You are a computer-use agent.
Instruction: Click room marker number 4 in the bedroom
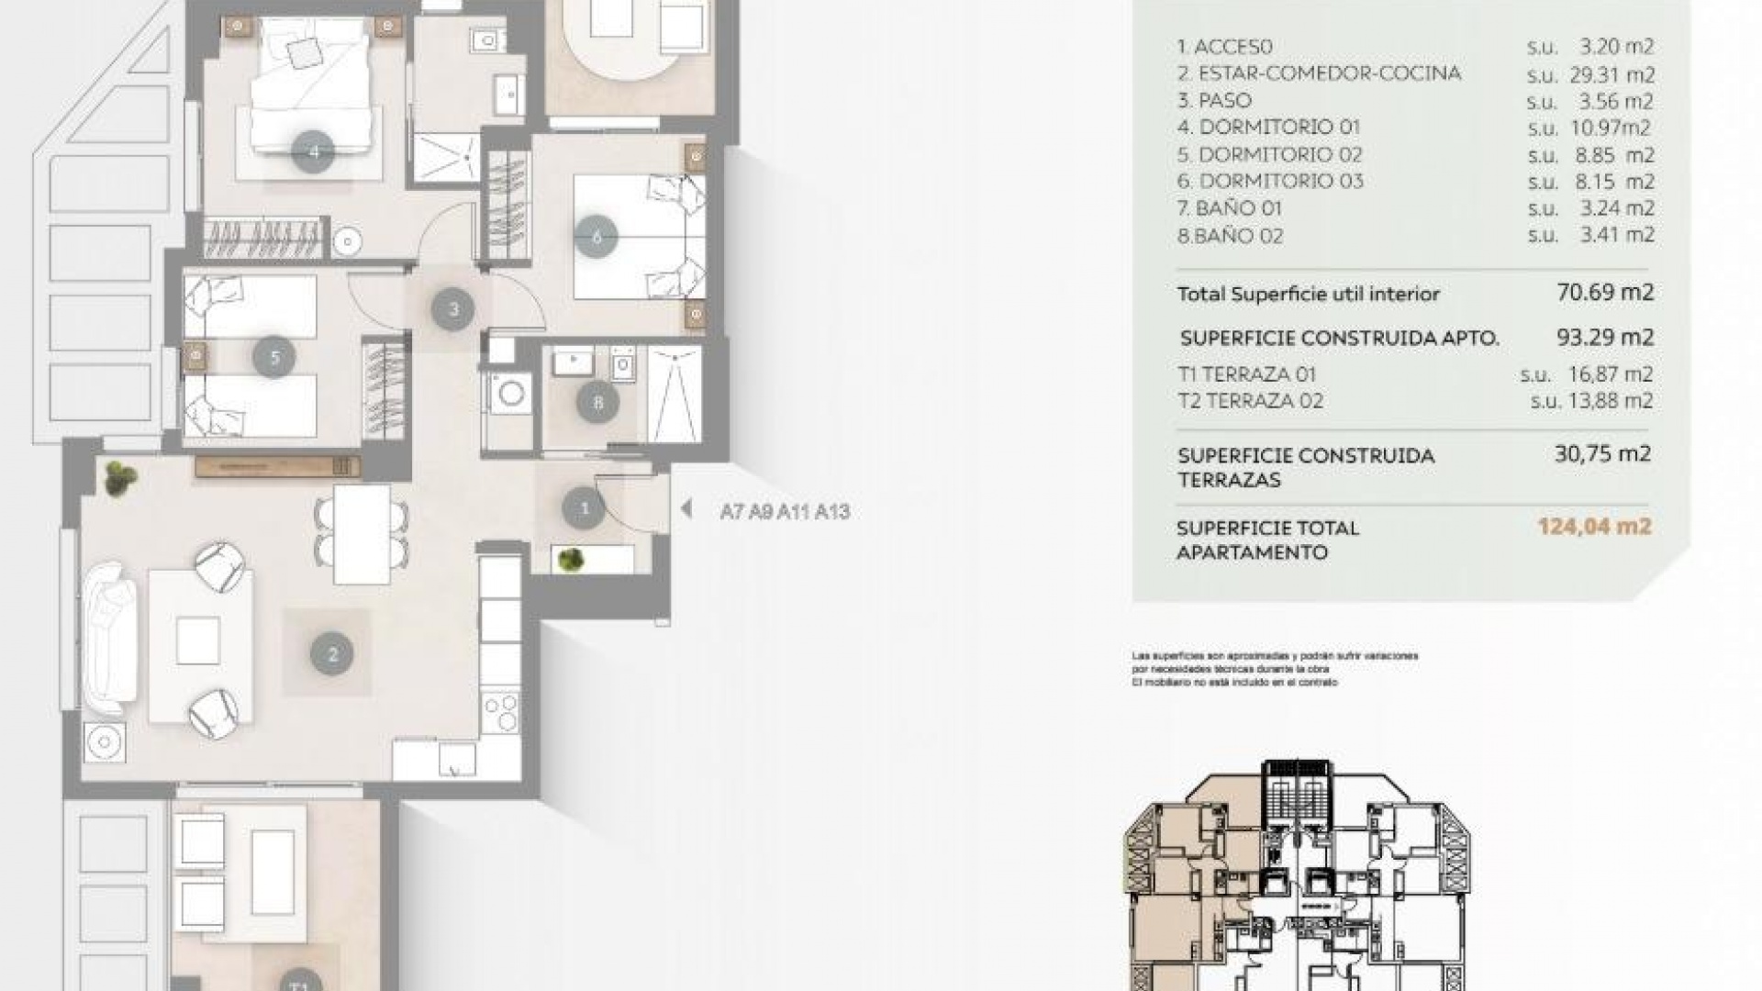click(x=314, y=152)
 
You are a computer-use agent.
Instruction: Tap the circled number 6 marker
click(x=597, y=238)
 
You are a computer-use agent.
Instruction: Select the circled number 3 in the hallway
click(x=453, y=309)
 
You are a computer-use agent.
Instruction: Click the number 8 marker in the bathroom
click(x=598, y=402)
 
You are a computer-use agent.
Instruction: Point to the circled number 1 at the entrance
click(x=584, y=507)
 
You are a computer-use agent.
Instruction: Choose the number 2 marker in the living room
click(x=332, y=654)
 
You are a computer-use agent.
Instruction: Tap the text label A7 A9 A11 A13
click(x=785, y=512)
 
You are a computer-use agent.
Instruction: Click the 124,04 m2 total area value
click(x=1594, y=527)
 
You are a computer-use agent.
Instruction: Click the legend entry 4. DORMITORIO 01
click(x=1268, y=128)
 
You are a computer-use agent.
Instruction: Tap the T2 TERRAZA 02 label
click(x=1250, y=401)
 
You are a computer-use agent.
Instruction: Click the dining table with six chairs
click(x=362, y=534)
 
